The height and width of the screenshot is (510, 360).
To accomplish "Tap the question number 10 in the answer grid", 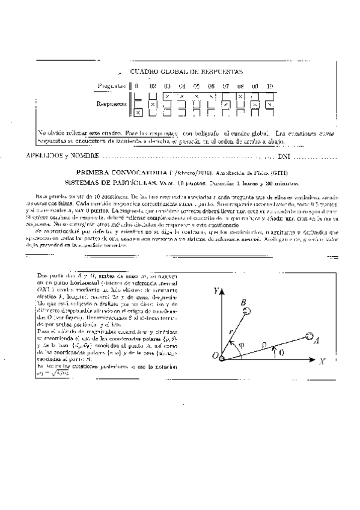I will pyautogui.click(x=270, y=86).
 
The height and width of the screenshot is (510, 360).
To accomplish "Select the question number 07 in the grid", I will pyautogui.click(x=226, y=86).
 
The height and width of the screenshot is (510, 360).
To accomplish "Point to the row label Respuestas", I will pyautogui.click(x=111, y=103).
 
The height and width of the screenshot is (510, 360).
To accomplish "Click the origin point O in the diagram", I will pyautogui.click(x=222, y=358).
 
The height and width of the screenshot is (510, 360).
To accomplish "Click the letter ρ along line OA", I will pyautogui.click(x=263, y=342).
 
